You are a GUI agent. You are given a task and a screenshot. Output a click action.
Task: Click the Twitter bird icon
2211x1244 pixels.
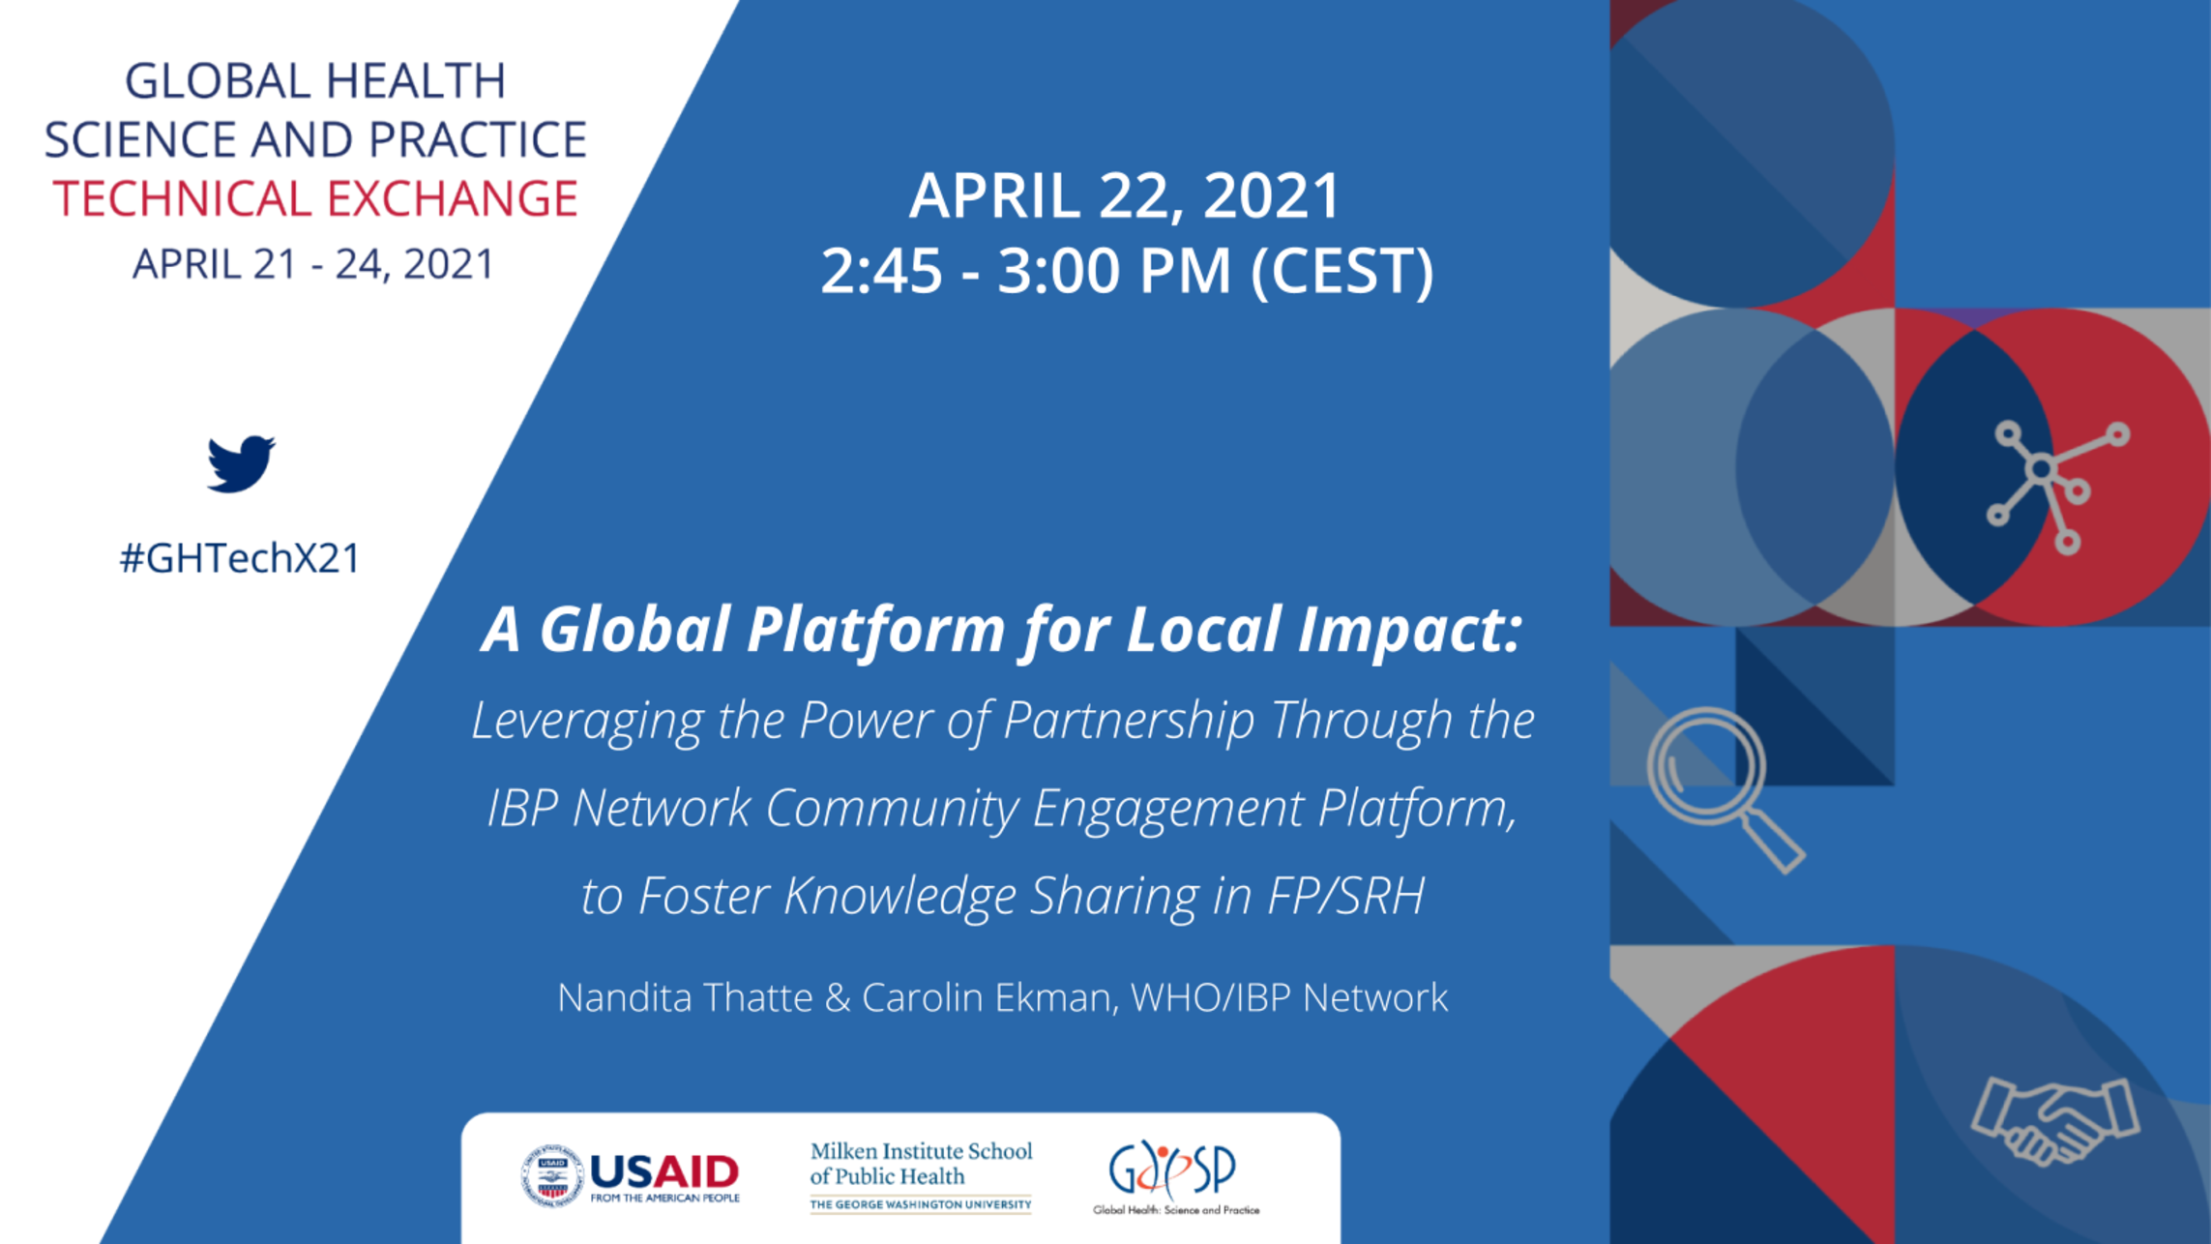coord(241,463)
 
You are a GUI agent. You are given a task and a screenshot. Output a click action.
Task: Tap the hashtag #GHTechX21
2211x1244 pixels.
coord(240,558)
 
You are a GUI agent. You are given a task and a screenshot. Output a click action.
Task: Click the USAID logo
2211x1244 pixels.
coord(630,1175)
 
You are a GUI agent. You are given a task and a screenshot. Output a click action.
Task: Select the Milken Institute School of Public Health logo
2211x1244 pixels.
coord(921,1176)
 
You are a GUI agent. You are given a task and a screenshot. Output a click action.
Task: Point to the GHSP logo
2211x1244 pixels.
coord(1175,1177)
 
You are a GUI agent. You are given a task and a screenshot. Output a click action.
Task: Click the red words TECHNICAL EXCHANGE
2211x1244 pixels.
coord(315,198)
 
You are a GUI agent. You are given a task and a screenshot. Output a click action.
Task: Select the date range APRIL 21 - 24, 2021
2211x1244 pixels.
coord(313,264)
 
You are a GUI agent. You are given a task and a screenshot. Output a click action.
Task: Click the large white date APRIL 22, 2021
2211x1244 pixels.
coord(1125,196)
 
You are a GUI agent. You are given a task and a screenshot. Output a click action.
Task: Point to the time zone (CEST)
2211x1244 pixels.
coord(1342,270)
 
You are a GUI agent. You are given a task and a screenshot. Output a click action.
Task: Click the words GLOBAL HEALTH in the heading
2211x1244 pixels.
coord(315,80)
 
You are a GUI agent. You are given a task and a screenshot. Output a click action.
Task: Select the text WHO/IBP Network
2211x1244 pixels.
coord(1289,997)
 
